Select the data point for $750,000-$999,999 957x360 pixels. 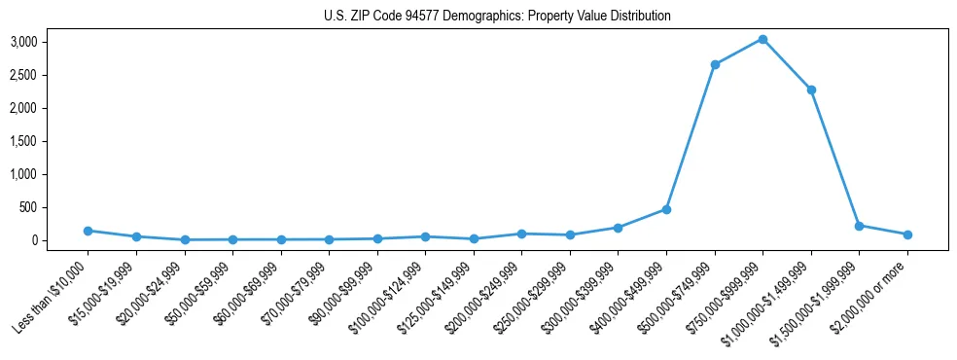coord(762,39)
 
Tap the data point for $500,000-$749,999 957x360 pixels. coord(715,64)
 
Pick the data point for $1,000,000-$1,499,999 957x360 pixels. coord(811,90)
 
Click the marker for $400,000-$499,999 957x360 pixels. coord(666,209)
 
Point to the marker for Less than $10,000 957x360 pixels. coord(88,231)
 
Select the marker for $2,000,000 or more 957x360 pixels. coord(907,234)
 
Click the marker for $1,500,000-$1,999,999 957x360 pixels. coord(859,226)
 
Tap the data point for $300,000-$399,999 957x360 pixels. coord(619,228)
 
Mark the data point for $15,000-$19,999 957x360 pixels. coord(136,236)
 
